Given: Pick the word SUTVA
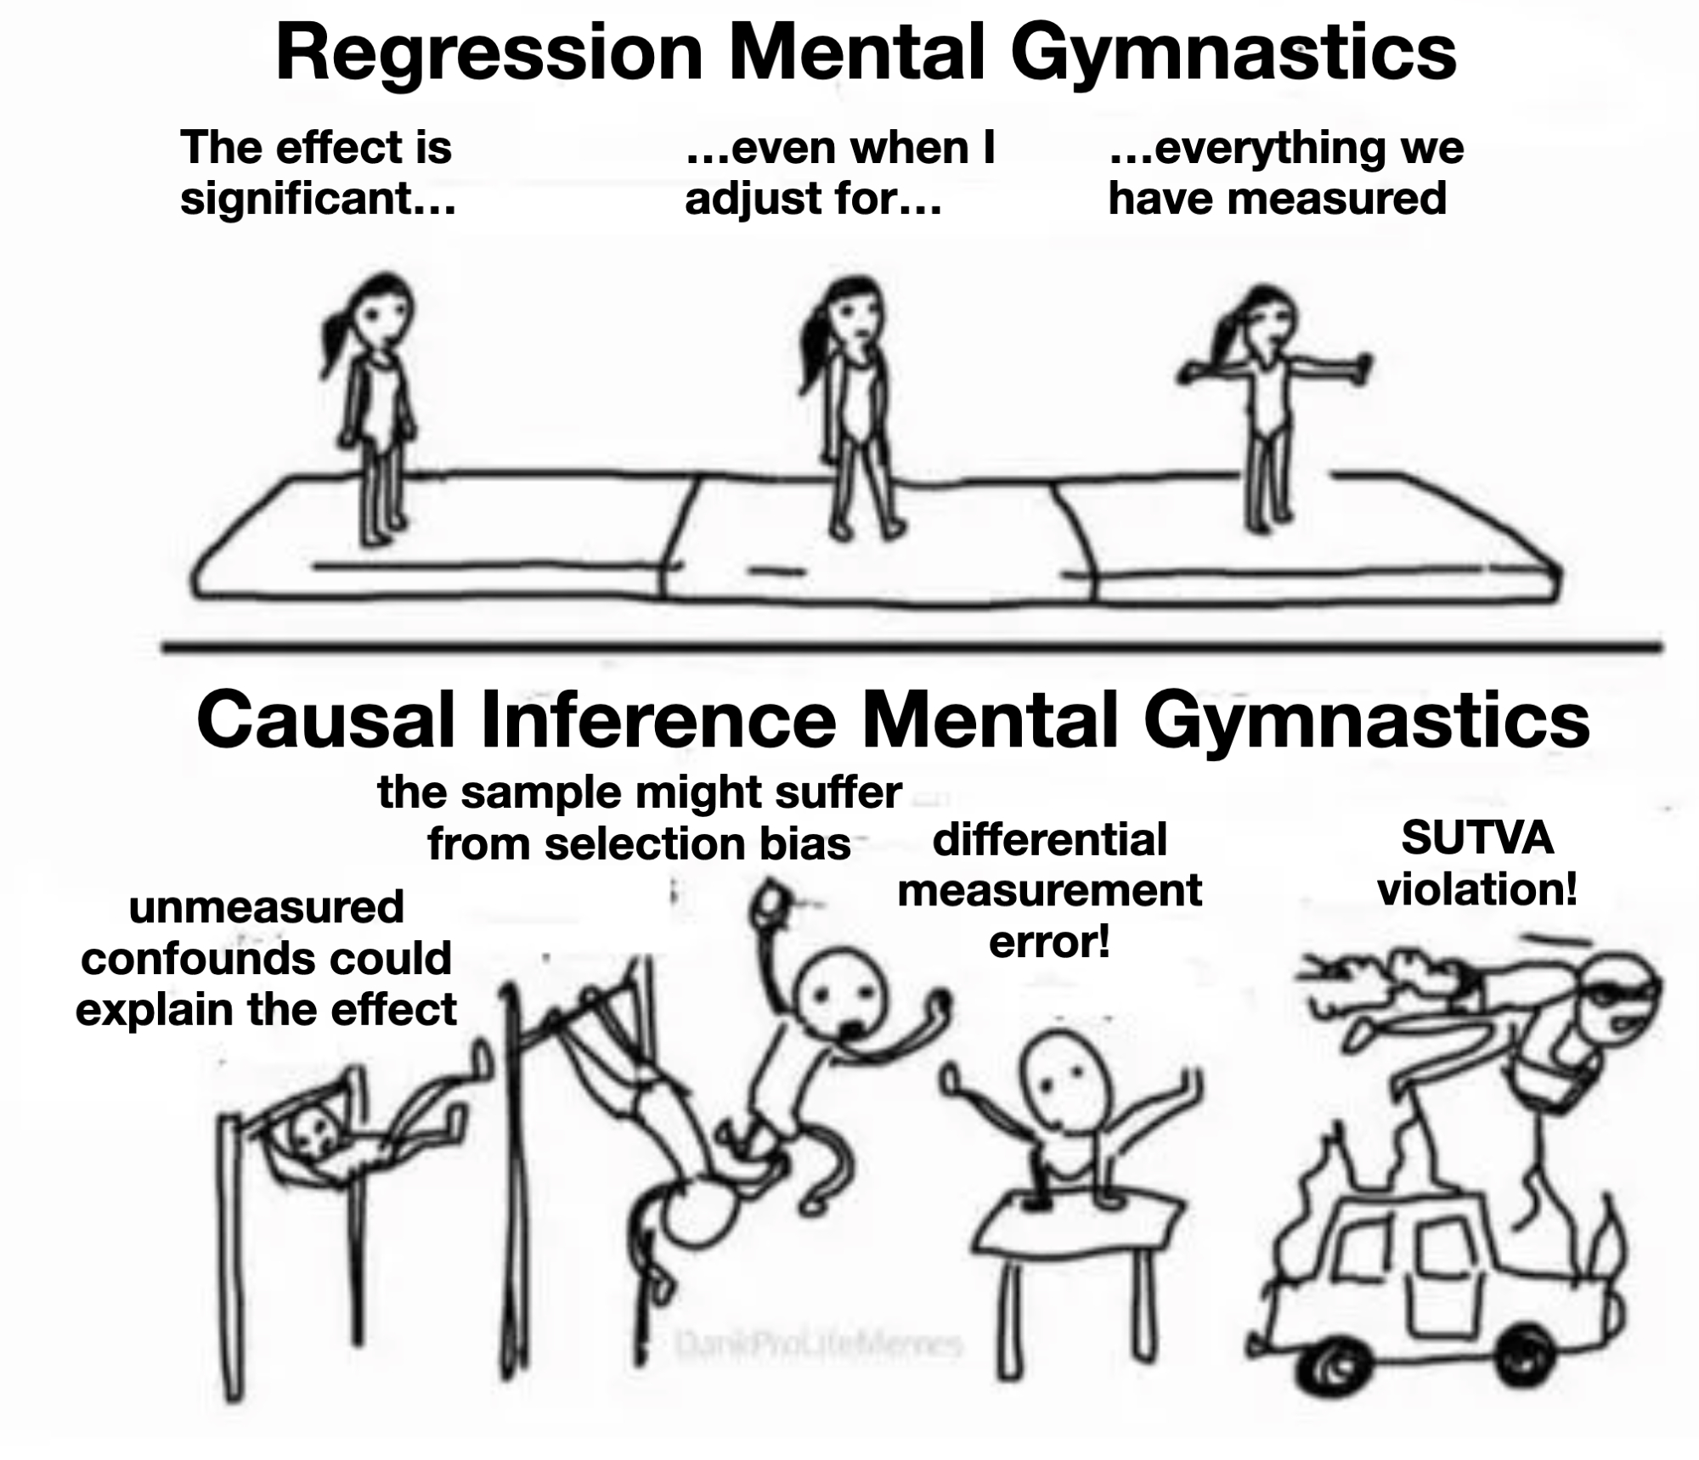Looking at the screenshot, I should (x=1477, y=838).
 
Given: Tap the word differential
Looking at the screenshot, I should (x=1050, y=840).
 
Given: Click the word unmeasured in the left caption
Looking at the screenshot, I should (x=266, y=906).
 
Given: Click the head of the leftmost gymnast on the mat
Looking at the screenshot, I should (x=380, y=313).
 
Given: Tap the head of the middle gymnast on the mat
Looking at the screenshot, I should (x=852, y=314).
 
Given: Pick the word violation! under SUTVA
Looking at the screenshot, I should (x=1477, y=889).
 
